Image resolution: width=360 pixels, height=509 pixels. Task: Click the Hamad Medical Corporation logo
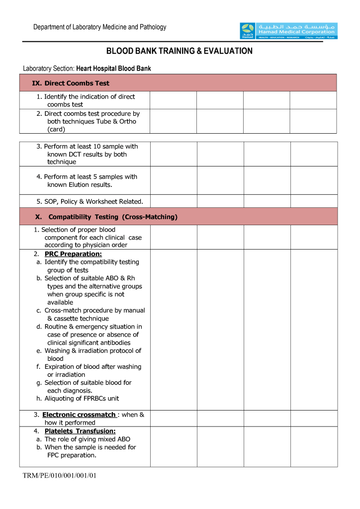coord(288,31)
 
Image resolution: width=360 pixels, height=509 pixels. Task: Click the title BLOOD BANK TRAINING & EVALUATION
coord(180,51)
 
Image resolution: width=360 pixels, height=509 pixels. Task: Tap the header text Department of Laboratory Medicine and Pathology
coord(100,27)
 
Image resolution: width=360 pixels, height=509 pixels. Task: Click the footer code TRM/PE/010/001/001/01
coord(59,476)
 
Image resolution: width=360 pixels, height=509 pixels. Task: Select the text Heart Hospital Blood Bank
coord(113,69)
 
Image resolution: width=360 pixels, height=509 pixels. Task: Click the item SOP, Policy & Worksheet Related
coord(90,201)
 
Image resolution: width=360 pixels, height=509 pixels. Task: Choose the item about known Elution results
coord(87,181)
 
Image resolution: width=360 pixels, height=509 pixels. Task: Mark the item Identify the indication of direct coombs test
coord(86,100)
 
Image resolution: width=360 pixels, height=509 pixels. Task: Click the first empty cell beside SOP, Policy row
coord(174,201)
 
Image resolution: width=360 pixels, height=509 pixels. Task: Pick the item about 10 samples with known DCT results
coord(88,154)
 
